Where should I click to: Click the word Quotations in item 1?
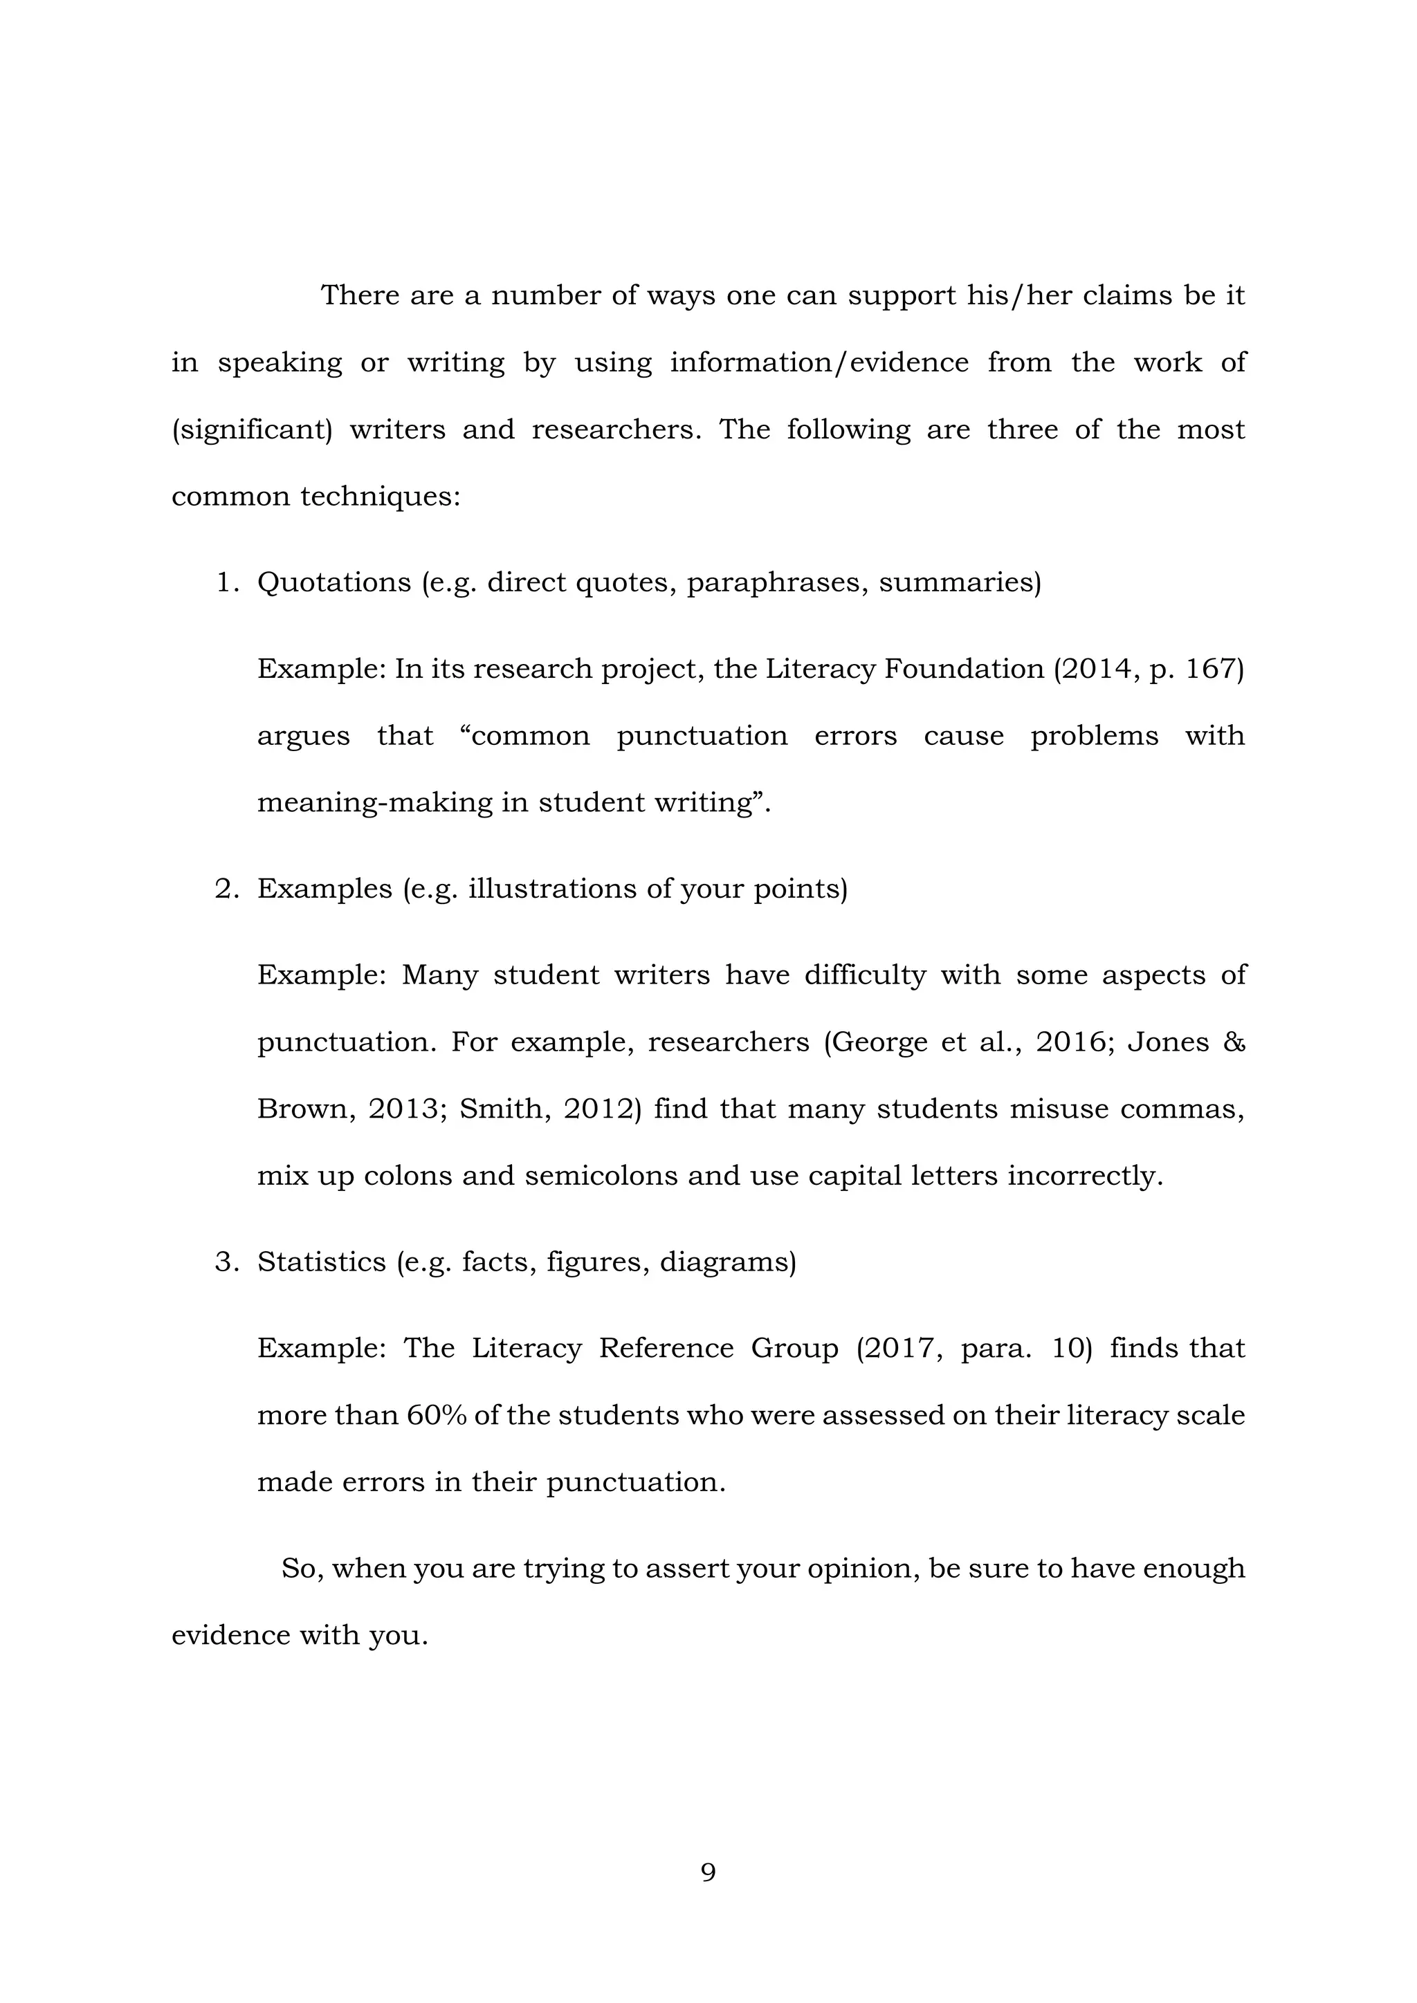(334, 582)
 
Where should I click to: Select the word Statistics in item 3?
(321, 1262)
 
